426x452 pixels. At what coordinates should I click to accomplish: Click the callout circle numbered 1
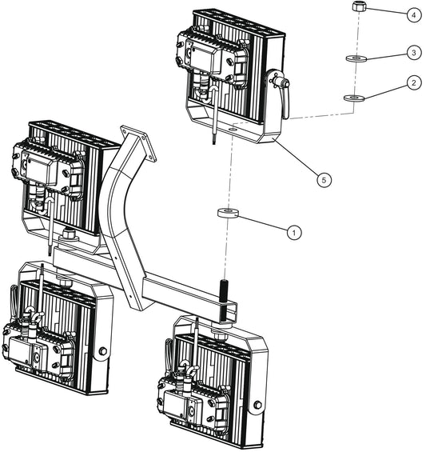tap(294, 231)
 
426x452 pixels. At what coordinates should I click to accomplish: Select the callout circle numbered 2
tap(413, 82)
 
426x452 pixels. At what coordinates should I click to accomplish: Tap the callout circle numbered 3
tap(413, 52)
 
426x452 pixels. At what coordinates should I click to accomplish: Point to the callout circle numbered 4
tap(413, 14)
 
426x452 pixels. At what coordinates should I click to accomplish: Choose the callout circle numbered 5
tap(323, 180)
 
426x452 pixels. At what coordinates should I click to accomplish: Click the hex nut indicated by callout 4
tap(359, 8)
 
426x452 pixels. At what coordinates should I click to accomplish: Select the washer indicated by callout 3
tap(355, 58)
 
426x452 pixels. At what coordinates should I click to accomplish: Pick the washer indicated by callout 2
tap(353, 98)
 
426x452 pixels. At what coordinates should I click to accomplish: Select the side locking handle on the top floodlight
tap(281, 93)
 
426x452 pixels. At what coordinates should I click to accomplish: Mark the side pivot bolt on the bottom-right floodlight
tap(256, 406)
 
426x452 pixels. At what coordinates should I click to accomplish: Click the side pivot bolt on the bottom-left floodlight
tap(102, 353)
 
